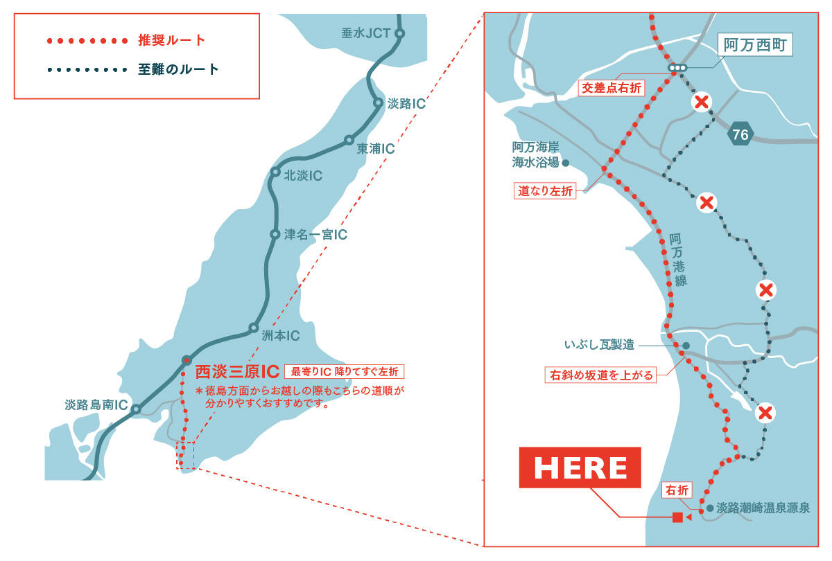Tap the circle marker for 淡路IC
point(379,103)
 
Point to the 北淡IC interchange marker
point(275,173)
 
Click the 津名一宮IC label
point(315,235)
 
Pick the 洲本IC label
point(280,336)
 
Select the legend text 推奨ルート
point(172,39)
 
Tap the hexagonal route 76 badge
point(740,134)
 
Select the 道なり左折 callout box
point(546,191)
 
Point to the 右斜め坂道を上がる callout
point(600,375)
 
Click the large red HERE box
point(580,467)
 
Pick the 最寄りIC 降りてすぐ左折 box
point(344,371)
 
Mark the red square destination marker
point(677,517)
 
